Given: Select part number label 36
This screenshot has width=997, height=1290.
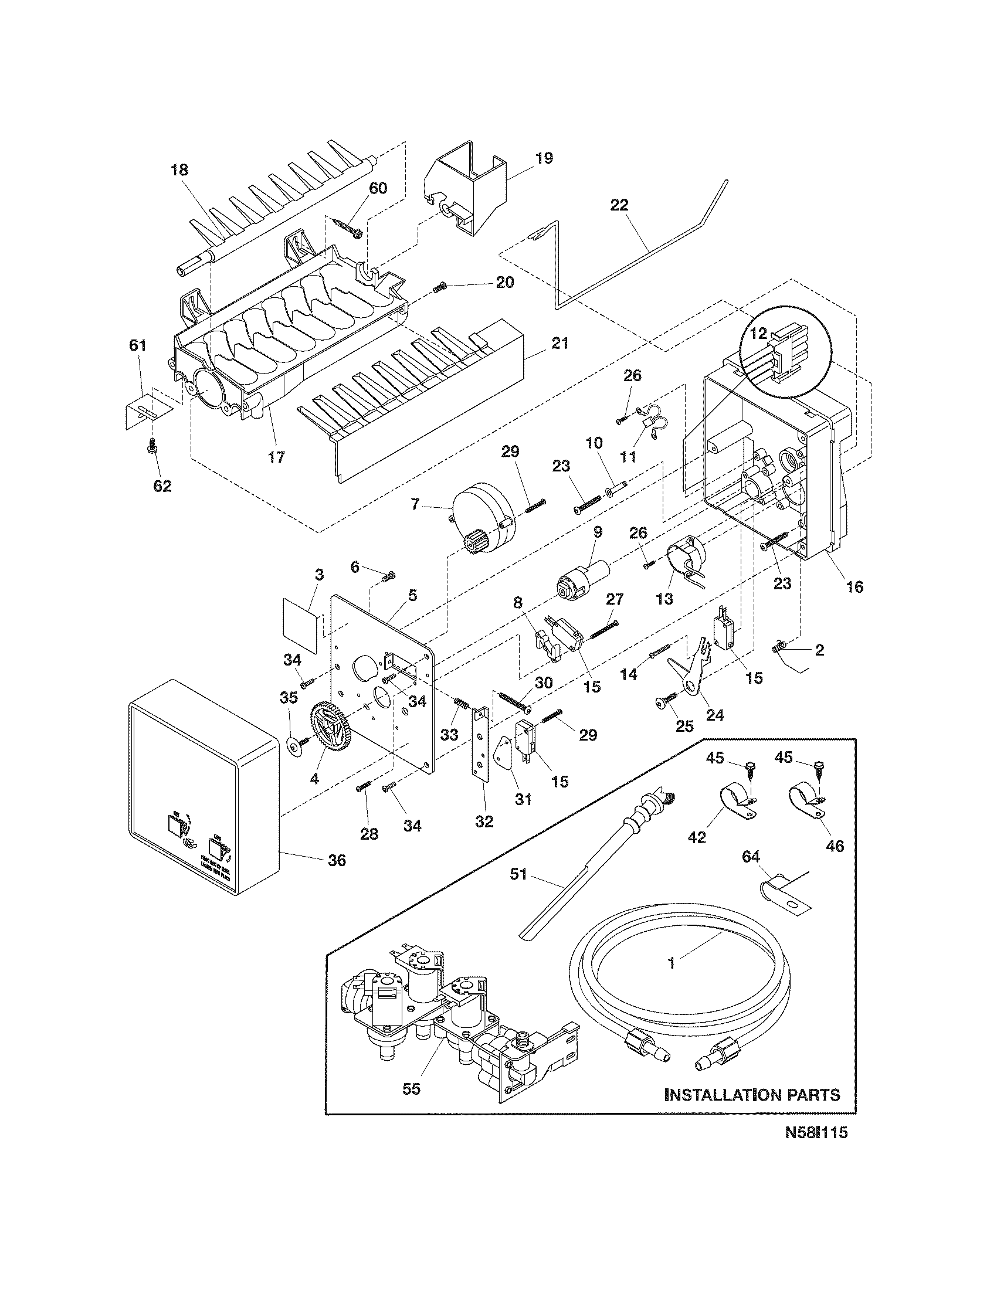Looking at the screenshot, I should (x=337, y=861).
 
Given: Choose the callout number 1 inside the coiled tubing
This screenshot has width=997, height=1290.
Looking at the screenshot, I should (x=671, y=963).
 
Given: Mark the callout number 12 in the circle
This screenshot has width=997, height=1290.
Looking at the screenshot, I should (x=758, y=334).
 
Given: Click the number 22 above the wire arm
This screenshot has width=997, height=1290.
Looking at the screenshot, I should (x=619, y=205).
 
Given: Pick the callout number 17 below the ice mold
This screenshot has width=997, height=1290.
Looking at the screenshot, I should (x=276, y=457).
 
